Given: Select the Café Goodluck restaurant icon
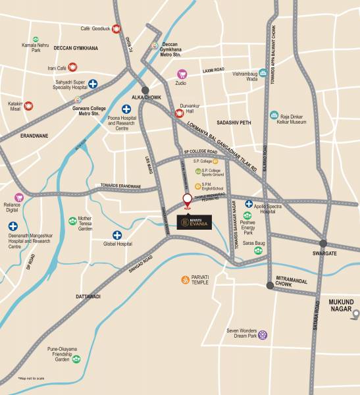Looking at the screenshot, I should [116, 29].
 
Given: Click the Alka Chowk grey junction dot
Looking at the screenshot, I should [145, 90].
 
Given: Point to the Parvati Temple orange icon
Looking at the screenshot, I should [186, 280].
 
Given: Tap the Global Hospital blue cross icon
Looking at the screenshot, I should [117, 235].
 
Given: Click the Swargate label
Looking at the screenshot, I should [324, 253].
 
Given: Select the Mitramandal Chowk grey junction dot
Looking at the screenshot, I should [269, 286].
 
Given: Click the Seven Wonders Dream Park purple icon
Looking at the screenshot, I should [263, 334].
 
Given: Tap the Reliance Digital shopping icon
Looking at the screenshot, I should [19, 197].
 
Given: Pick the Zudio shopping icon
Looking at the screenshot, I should [182, 74].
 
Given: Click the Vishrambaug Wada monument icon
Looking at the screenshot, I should [263, 73].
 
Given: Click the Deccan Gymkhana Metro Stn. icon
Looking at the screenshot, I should [155, 46].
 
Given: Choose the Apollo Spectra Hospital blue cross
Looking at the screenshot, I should [249, 204].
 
